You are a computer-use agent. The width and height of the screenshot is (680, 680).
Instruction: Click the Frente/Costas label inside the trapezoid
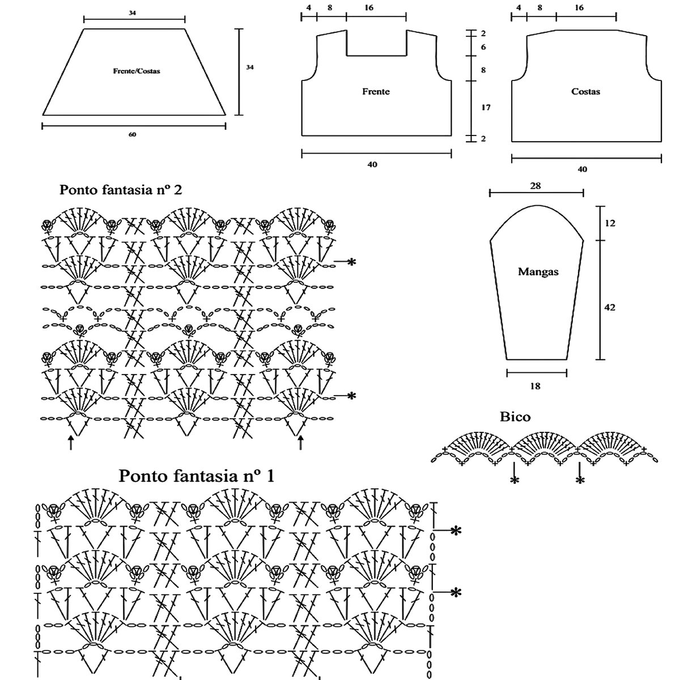point(136,72)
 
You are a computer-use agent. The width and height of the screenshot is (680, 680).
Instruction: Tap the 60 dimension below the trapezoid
point(133,134)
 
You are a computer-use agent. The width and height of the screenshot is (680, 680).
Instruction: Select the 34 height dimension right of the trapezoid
point(249,67)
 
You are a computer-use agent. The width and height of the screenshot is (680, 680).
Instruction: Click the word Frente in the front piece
point(376,91)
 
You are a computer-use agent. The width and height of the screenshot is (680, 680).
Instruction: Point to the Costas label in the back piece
point(585,91)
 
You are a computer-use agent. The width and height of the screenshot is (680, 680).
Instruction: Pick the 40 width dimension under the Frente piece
point(372,164)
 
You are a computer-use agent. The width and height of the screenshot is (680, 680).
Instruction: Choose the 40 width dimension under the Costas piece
point(583,169)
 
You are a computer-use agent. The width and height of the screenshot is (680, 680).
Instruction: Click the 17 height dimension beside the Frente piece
point(486,107)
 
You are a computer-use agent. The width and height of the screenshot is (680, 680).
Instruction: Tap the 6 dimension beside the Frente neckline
point(483,47)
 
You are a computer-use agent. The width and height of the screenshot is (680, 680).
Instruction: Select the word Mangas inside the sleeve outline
point(538,271)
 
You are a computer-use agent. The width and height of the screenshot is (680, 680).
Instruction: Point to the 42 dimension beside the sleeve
point(610,308)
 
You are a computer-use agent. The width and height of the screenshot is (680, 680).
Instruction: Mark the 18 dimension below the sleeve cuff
point(535,386)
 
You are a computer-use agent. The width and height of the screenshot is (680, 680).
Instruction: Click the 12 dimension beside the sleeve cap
point(610,223)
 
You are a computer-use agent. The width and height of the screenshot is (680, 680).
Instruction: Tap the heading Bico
point(515,417)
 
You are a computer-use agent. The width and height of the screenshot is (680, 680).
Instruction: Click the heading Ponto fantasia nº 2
point(121,190)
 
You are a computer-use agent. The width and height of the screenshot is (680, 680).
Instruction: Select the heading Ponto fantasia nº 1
point(196,475)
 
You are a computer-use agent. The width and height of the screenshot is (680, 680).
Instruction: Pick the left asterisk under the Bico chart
point(515,481)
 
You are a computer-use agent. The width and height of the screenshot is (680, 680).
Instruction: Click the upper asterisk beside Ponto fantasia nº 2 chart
point(351,262)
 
